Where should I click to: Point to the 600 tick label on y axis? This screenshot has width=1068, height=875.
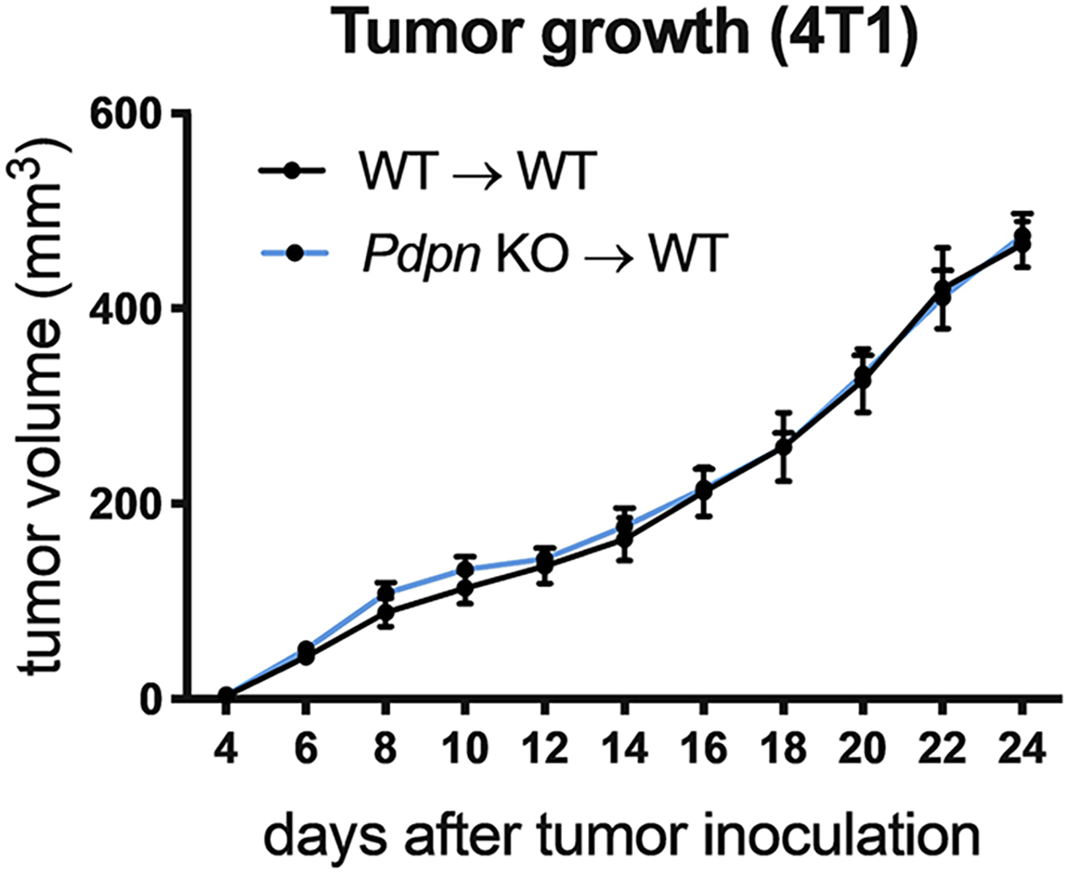coord(129,113)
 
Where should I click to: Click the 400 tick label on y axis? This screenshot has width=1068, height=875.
coord(129,308)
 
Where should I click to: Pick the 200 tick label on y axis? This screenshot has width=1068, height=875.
coord(129,503)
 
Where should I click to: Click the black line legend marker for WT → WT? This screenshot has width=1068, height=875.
coord(292,171)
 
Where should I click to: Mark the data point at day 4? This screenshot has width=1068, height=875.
coord(226,696)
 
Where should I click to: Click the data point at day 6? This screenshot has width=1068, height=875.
coord(306,654)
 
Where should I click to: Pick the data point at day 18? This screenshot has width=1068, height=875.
coord(783,446)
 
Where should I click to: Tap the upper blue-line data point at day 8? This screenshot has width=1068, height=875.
coord(385,594)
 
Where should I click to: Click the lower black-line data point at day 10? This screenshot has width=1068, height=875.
coord(465,588)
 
